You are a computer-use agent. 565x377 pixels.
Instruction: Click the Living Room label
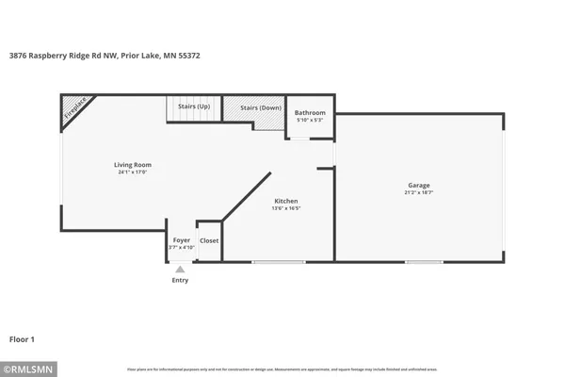135,165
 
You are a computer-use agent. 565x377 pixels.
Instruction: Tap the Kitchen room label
286,202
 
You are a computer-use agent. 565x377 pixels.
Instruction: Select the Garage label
419,185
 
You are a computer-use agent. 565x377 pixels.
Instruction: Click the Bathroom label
310,112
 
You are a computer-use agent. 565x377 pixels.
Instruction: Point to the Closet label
209,240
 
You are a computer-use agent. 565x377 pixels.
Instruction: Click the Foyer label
181,240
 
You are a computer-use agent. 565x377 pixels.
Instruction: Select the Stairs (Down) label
260,108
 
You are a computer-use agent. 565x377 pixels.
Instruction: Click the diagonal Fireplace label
75,109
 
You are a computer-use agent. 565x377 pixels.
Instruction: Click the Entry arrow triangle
180,270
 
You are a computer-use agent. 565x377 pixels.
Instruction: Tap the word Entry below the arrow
180,280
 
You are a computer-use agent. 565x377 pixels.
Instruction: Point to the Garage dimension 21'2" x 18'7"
419,193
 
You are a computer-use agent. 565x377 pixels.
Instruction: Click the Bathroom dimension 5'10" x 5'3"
310,120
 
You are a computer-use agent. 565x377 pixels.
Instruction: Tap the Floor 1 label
23,338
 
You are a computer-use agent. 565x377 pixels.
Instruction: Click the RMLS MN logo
29,368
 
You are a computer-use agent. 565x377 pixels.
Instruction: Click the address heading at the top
104,56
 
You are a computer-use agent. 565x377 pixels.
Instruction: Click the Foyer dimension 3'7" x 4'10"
181,248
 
